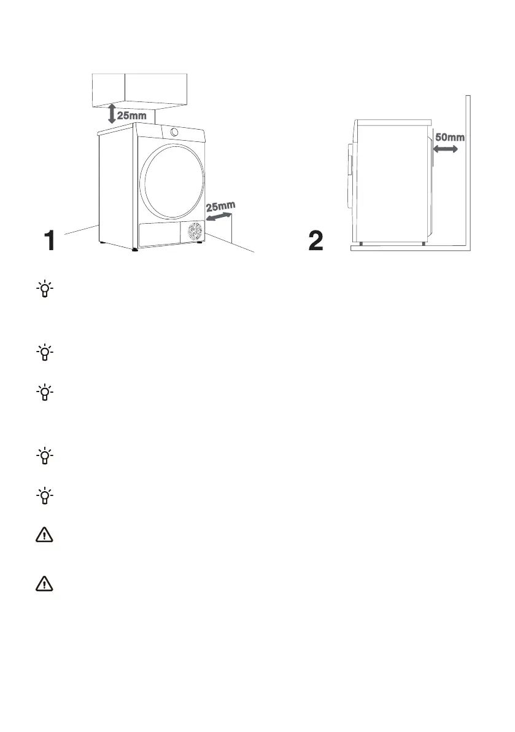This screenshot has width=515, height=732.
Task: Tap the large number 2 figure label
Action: (x=316, y=240)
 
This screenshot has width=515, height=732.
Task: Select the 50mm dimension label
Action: (x=449, y=137)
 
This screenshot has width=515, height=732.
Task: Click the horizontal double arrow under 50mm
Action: (x=446, y=149)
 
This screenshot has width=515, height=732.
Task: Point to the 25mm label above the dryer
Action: (x=131, y=115)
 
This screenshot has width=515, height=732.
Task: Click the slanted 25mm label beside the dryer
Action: (x=221, y=207)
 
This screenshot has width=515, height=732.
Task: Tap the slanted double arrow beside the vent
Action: (x=219, y=218)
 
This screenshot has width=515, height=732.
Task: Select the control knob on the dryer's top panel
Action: (x=174, y=132)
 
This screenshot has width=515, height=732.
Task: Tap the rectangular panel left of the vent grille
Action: (x=161, y=235)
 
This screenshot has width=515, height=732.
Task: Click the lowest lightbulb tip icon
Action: (x=45, y=495)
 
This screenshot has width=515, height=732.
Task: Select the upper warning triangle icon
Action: (x=45, y=536)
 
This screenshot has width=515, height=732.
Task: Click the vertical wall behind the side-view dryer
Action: (x=468, y=172)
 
